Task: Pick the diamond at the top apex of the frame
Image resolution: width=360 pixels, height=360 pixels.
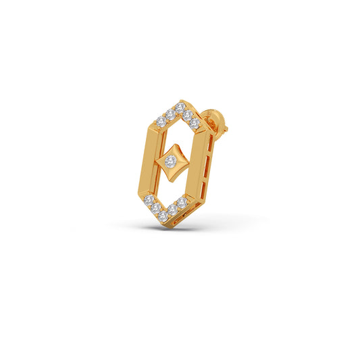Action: (x=180, y=106)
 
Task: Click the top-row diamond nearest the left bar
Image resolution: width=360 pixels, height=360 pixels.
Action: (x=161, y=122)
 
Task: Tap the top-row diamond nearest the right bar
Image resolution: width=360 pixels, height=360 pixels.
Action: (x=195, y=124)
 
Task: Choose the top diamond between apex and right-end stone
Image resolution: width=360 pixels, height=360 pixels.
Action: (x=187, y=115)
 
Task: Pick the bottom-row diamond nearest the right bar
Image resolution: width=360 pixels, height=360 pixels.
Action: (x=182, y=201)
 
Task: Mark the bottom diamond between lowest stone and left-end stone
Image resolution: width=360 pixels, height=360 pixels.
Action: (x=155, y=208)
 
